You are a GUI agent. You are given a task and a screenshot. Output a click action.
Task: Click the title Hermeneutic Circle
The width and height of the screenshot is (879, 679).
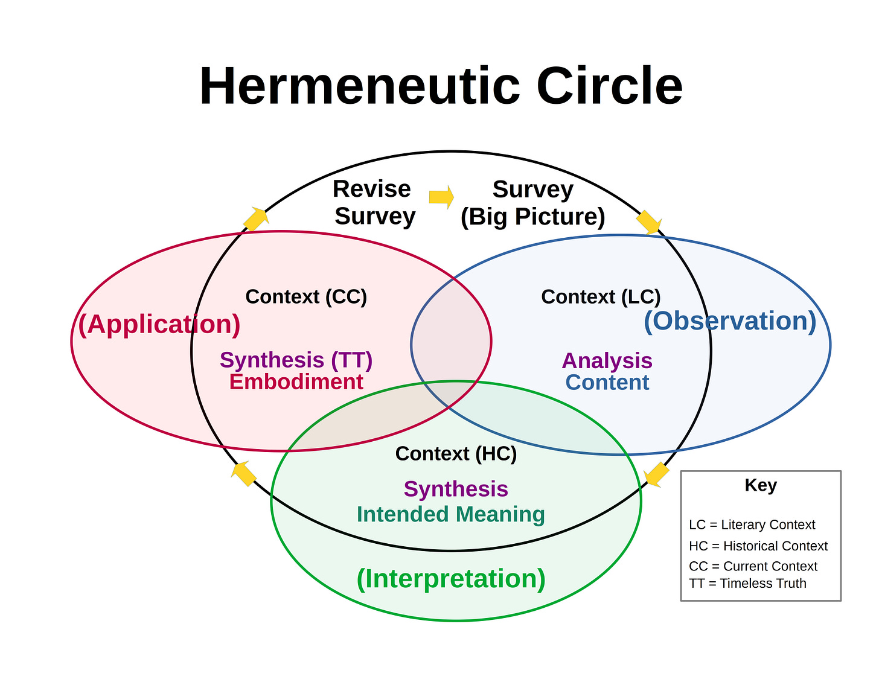[x=441, y=86]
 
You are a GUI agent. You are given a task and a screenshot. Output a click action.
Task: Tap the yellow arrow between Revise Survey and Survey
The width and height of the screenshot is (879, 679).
[x=441, y=197]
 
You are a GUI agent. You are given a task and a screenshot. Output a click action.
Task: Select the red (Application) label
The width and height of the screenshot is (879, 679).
[x=159, y=324]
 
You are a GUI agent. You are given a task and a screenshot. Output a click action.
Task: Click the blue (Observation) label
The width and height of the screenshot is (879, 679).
[x=730, y=320]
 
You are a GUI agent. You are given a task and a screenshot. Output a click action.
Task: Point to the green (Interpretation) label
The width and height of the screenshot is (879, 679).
[x=451, y=578]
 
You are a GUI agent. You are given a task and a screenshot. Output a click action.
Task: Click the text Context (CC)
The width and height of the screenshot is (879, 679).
[x=306, y=297]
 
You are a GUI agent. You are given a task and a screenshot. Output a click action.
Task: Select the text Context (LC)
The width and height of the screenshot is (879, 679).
[x=601, y=297]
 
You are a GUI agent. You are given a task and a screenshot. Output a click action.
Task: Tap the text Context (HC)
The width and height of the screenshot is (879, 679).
[x=456, y=453]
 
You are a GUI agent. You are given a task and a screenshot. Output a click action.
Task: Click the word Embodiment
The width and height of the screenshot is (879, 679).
[x=296, y=382]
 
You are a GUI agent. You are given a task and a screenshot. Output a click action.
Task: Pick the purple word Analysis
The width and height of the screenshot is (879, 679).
[x=607, y=360]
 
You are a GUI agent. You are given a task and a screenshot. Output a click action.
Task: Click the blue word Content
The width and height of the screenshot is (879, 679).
[x=607, y=382]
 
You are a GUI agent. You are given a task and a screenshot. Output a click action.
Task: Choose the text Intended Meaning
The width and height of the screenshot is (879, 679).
[x=450, y=514]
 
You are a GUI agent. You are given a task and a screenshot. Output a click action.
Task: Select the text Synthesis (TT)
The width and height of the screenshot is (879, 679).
[x=296, y=360]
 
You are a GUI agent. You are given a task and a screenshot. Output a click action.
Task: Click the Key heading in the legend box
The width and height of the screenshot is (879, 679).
[x=761, y=485]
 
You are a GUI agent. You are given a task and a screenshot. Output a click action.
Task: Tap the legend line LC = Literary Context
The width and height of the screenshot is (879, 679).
[x=752, y=524]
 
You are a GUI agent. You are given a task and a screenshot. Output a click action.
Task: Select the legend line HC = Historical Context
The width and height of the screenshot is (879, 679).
[x=758, y=546]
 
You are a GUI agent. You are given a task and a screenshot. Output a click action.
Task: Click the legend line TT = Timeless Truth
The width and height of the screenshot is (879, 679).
[x=747, y=583]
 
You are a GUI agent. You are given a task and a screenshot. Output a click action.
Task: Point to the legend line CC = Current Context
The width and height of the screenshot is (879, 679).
[x=753, y=566]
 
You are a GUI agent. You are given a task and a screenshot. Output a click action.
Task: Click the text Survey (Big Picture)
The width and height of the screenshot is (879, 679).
[x=532, y=203]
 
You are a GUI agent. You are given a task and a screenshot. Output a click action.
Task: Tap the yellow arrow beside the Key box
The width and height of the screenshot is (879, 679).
[x=656, y=474]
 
